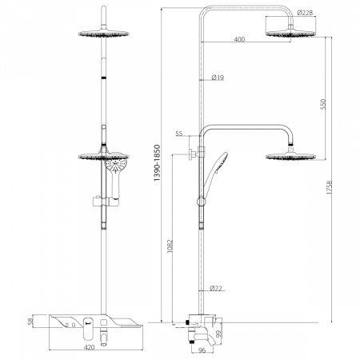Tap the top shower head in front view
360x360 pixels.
pos(104,34)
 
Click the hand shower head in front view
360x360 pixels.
pos(117,170)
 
